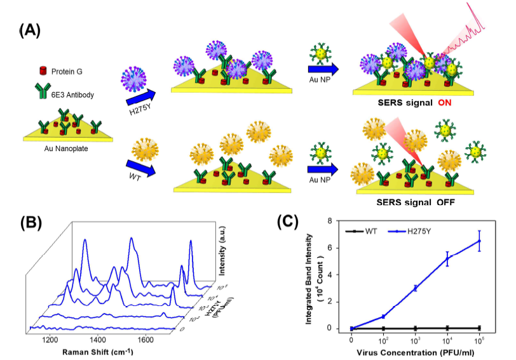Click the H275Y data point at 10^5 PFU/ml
479,241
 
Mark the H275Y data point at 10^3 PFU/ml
415,288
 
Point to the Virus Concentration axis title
415,350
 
